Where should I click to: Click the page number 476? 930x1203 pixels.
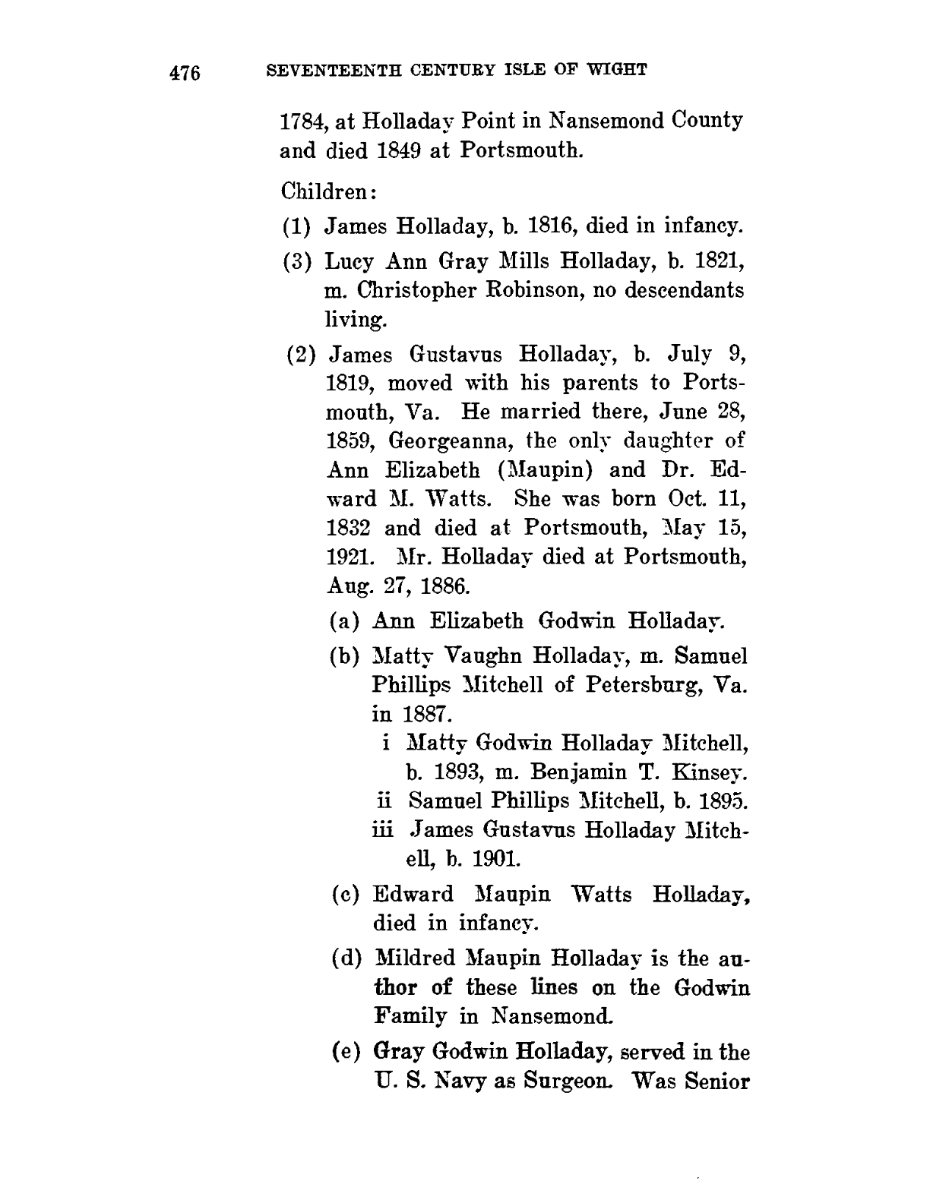click(184, 73)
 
